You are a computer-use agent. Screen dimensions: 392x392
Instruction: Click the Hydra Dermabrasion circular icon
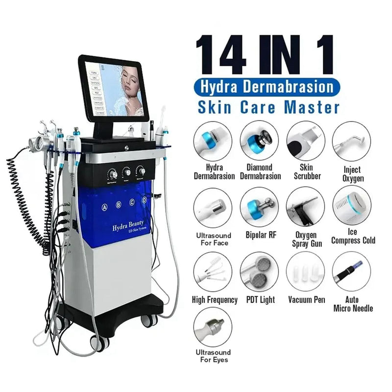[x=213, y=141]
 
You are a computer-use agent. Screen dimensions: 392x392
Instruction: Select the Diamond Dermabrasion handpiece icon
[x=259, y=141]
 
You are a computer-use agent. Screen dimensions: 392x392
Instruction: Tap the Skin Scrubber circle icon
[x=306, y=141]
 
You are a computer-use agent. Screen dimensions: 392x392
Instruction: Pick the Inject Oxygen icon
[x=352, y=141]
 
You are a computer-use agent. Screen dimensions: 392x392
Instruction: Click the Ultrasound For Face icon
[x=213, y=206]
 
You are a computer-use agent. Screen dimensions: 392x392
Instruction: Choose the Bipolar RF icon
[x=259, y=206]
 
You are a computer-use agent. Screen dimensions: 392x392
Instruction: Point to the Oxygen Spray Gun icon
[x=306, y=206]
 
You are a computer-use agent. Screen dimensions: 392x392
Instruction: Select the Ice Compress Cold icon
[x=352, y=206]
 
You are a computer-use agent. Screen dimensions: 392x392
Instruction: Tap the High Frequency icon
[x=213, y=271]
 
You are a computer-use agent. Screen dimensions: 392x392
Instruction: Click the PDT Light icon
[x=259, y=271]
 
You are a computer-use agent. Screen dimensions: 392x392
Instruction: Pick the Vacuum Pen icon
[x=306, y=271]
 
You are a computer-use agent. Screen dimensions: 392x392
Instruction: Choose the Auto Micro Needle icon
[x=352, y=271]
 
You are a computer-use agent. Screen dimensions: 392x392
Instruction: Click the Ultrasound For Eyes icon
[x=213, y=328]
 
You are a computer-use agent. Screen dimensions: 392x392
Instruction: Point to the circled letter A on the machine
[x=104, y=207]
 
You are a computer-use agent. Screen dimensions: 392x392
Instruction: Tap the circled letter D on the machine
[x=144, y=200]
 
